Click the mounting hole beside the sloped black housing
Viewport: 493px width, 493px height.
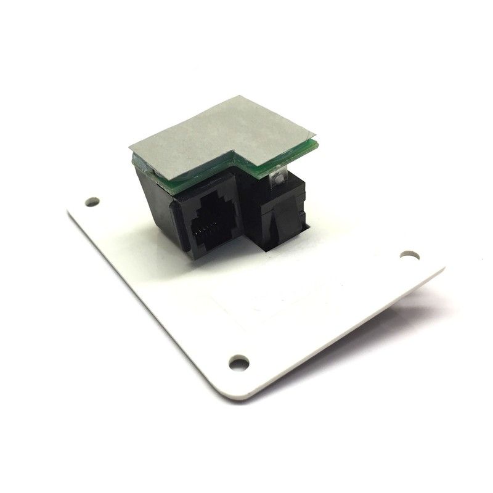click(x=92, y=202)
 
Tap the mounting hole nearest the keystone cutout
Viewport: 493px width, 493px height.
click(x=409, y=255)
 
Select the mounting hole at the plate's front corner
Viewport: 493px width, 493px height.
click(x=238, y=362)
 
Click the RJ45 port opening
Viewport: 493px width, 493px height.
click(x=214, y=222)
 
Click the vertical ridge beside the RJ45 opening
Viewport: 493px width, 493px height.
click(x=179, y=228)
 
